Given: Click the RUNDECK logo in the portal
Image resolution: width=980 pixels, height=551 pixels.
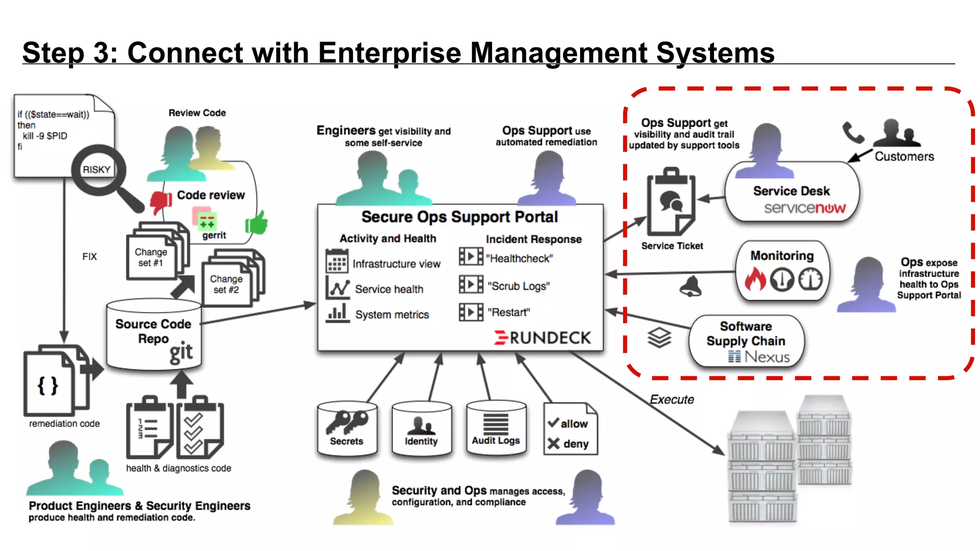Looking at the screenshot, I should click(543, 338).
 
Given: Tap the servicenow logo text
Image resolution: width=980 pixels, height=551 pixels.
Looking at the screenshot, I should click(804, 208).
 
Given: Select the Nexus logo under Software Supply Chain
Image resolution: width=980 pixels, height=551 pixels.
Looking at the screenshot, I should click(759, 357).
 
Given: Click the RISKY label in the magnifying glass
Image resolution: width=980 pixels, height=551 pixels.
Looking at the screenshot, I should click(96, 170).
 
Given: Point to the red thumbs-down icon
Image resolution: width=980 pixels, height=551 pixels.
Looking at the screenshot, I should click(161, 202).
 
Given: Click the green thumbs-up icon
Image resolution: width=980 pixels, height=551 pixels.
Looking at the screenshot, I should click(257, 223).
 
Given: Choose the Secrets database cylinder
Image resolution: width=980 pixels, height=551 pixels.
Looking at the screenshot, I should click(347, 428).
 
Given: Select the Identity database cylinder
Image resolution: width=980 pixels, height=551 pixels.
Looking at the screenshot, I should click(421, 428).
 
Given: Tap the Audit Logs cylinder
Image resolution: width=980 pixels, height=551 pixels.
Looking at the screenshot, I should click(496, 427).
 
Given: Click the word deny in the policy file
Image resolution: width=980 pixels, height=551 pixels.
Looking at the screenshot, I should click(576, 444).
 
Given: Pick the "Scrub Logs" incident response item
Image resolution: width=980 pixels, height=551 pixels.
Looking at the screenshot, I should click(518, 286).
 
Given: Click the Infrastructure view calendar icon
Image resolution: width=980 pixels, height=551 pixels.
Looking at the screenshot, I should click(336, 261).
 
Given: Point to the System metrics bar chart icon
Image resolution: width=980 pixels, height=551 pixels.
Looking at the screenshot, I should click(337, 313).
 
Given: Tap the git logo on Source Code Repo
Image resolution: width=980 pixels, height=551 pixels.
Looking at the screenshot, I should click(181, 353).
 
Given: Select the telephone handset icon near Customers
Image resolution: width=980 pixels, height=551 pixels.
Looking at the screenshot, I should click(853, 132).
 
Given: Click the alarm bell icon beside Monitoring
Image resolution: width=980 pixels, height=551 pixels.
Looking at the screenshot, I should click(690, 287).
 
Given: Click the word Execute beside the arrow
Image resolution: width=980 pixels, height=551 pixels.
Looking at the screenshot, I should click(671, 399).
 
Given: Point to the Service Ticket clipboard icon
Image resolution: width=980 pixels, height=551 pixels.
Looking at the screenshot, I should click(671, 201).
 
